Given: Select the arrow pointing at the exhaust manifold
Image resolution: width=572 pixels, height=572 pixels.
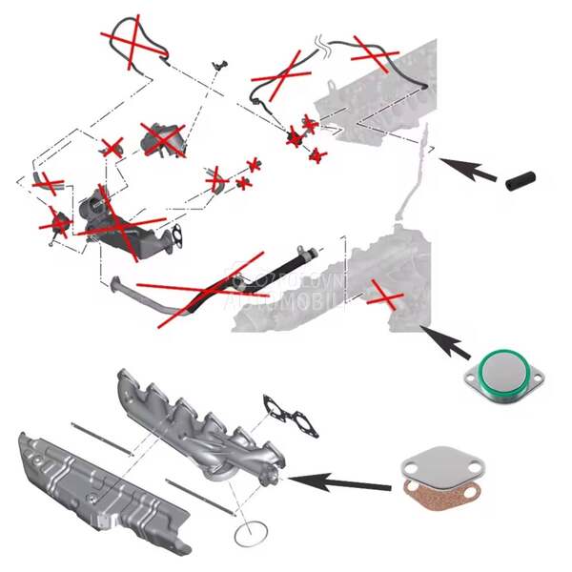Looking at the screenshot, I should (338, 480).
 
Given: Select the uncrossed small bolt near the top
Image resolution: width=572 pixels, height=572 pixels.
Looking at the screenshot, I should (219, 63).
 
